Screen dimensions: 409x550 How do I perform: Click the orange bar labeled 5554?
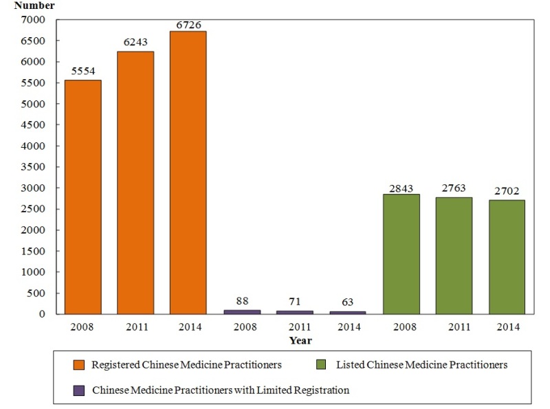tap(82, 197)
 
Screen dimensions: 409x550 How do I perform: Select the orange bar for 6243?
tap(135, 183)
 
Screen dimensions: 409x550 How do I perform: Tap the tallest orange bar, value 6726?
tap(188, 173)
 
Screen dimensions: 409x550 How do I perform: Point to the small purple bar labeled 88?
tap(242, 312)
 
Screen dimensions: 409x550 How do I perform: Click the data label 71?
tap(295, 302)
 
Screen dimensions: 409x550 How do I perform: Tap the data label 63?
tap(347, 302)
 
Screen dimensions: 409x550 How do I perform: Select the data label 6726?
tap(188, 24)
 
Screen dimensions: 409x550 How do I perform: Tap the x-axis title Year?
tap(300, 340)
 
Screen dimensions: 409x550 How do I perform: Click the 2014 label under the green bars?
tap(507, 327)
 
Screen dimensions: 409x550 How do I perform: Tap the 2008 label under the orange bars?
tap(82, 327)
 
